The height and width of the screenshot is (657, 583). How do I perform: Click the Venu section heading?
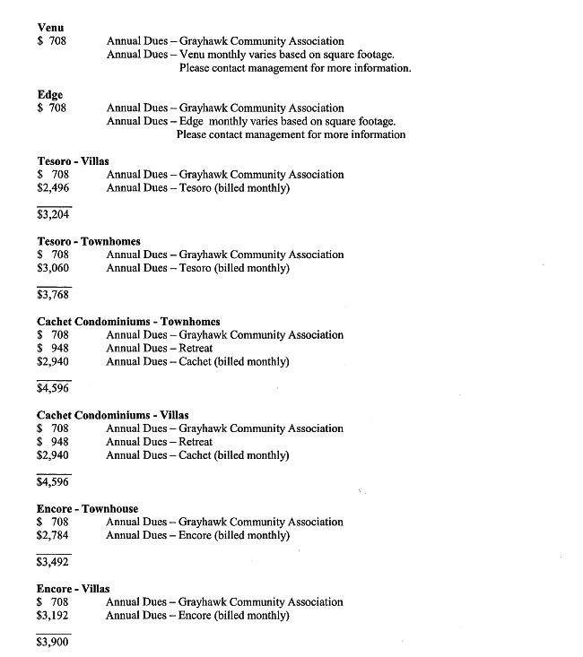[x=50, y=27]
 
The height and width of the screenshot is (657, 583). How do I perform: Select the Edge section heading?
[x=50, y=95]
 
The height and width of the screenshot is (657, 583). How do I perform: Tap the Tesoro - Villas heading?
[x=73, y=161]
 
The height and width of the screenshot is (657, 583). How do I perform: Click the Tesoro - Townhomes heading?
[x=88, y=241]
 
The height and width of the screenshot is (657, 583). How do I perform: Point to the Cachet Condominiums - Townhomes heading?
[x=128, y=321]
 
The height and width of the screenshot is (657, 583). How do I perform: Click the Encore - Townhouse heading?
[x=87, y=508]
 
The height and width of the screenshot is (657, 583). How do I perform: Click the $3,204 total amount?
[x=53, y=214]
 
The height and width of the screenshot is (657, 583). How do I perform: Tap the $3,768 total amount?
[x=53, y=294]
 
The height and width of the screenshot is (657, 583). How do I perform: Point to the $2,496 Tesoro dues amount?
[x=53, y=188]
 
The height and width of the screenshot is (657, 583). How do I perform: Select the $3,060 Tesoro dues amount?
[x=53, y=268]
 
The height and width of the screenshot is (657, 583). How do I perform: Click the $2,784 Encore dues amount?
[x=53, y=535]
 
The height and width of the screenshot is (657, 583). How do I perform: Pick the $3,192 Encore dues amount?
[x=53, y=616]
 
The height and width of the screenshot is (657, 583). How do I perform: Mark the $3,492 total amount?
[x=53, y=562]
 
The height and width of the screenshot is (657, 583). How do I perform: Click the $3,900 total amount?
[x=53, y=642]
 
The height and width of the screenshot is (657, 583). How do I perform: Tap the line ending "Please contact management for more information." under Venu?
[x=295, y=68]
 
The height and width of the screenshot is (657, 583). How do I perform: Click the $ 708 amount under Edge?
[x=52, y=108]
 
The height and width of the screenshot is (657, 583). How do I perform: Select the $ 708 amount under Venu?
[x=52, y=41]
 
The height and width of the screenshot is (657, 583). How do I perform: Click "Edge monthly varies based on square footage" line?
[x=251, y=122]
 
